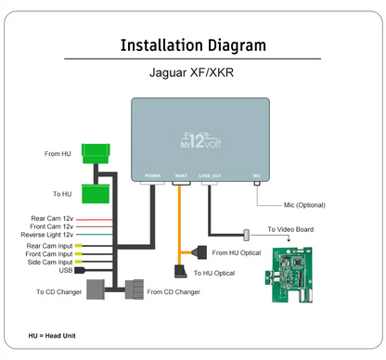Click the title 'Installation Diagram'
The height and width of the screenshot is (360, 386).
pyautogui.click(x=193, y=45)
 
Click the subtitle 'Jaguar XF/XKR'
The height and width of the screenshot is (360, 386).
pyautogui.click(x=193, y=71)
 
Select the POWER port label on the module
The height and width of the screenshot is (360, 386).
pyautogui.click(x=152, y=174)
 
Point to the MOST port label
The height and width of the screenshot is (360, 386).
pyautogui.click(x=181, y=174)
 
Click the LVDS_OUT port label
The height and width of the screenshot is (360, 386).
pyautogui.click(x=212, y=174)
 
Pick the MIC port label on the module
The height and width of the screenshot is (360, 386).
pyautogui.click(x=256, y=174)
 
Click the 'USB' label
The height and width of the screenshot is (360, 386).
pyautogui.click(x=66, y=271)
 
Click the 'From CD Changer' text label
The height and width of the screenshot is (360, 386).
pyautogui.click(x=174, y=292)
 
